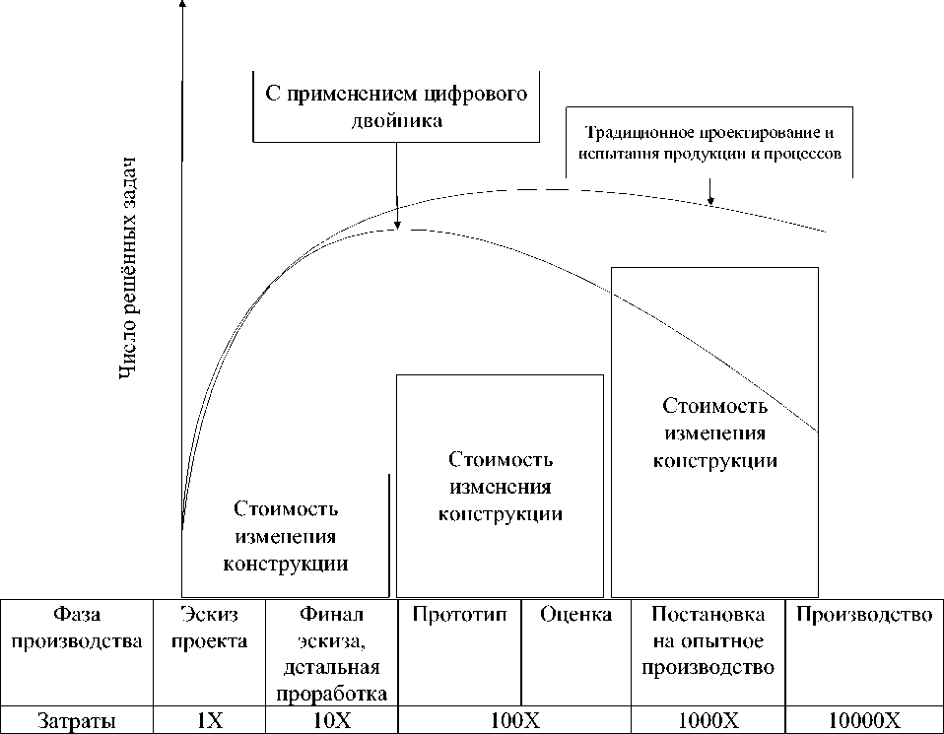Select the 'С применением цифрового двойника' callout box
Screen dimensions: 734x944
(396, 107)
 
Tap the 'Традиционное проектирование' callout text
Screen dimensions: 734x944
(711, 144)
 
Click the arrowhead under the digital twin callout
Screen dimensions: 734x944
(396, 225)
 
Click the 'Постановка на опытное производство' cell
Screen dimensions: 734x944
(708, 640)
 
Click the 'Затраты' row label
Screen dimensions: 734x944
(78, 720)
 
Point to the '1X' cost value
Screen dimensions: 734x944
(210, 720)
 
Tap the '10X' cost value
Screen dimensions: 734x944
(331, 720)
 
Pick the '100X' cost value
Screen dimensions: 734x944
(514, 720)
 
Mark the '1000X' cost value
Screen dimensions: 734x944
(708, 720)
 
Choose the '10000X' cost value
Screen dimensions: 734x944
(864, 720)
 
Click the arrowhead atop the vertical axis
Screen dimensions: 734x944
(183, 5)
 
